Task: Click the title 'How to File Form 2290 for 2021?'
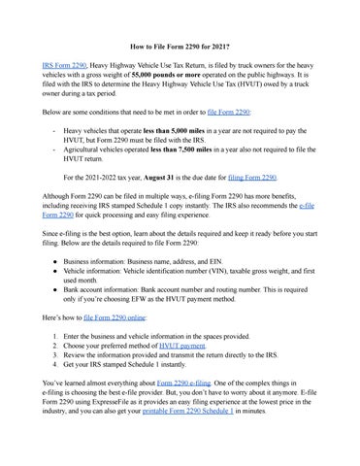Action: (180, 46)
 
